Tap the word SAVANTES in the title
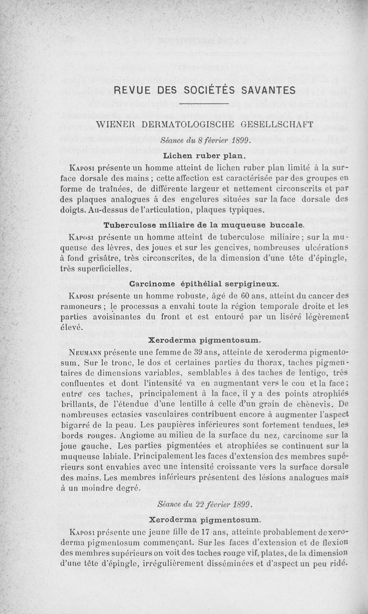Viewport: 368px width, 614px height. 268,89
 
